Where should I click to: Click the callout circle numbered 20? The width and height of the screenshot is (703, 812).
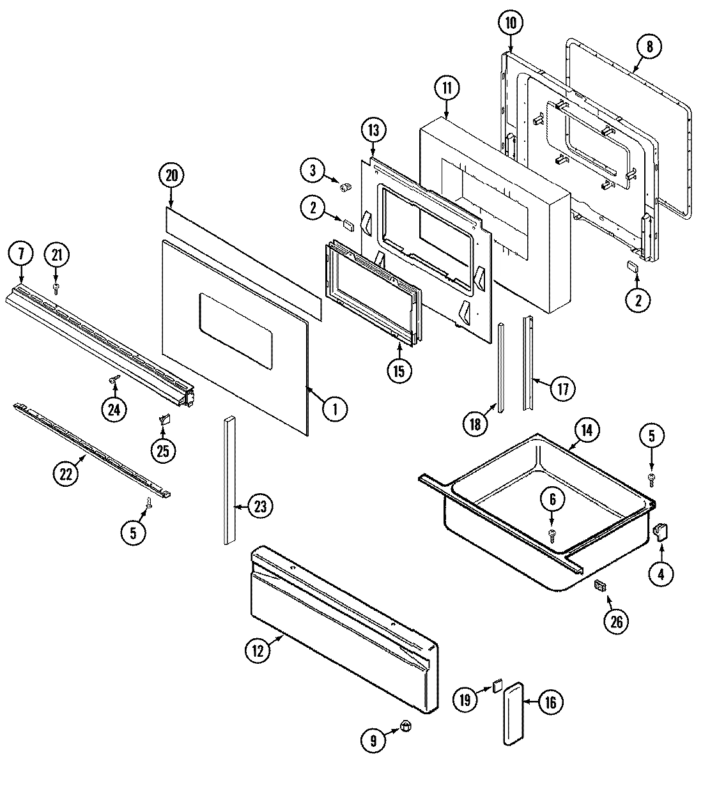point(171,176)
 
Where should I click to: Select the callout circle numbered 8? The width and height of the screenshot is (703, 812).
point(650,46)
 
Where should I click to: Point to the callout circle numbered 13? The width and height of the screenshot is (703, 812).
point(373,130)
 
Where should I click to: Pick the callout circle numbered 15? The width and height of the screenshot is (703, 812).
point(399,371)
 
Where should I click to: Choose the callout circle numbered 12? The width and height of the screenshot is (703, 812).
point(257,650)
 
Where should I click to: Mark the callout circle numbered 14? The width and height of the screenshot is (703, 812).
point(587,430)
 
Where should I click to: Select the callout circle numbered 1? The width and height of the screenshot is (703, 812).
point(334,408)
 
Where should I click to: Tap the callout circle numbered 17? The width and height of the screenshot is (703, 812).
point(562,388)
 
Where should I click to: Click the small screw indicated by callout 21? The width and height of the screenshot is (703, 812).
point(56,289)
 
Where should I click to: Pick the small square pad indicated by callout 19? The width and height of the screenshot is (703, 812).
point(496,686)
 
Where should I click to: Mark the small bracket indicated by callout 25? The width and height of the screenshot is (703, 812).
point(163,419)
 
